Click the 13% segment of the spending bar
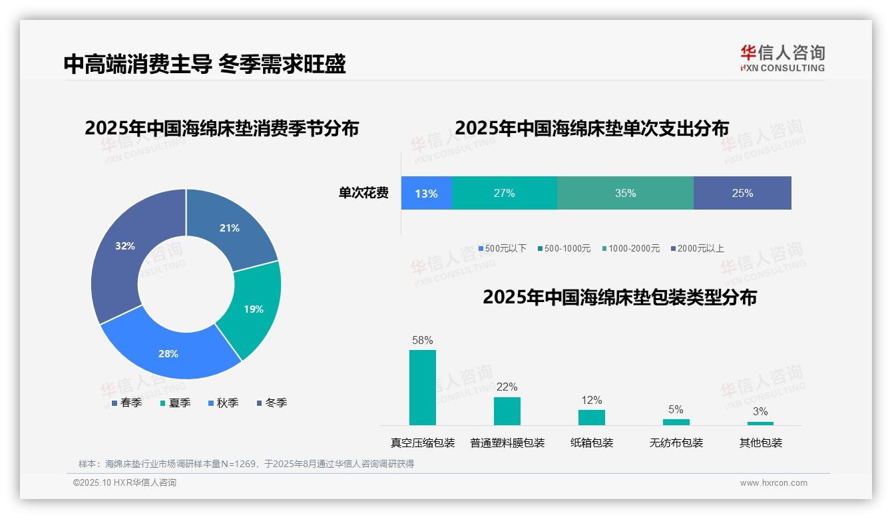[x=426, y=193]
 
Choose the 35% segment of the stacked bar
[x=625, y=193]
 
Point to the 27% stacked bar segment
[x=504, y=193]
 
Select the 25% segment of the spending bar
[x=742, y=193]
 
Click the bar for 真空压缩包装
[x=422, y=387]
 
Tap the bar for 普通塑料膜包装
[x=507, y=411]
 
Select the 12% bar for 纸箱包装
[x=591, y=417]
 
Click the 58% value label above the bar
[x=422, y=340]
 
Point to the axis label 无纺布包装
[x=676, y=442]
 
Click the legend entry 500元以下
[x=503, y=248]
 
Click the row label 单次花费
[x=363, y=193]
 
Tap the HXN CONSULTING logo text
[x=782, y=67]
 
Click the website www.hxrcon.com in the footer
[x=773, y=482]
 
